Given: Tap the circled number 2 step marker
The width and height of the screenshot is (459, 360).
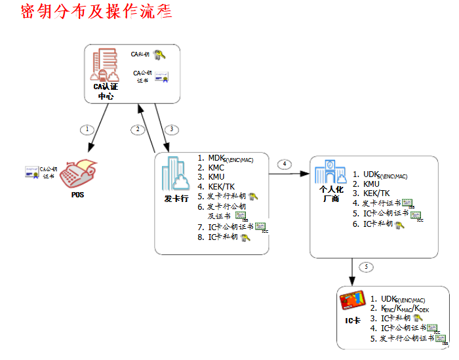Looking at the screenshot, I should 138,129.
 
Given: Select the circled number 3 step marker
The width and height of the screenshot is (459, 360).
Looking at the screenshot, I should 172,129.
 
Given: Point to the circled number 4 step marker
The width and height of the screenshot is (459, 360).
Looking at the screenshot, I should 283,164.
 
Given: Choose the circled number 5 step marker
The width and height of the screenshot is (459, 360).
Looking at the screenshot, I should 366,267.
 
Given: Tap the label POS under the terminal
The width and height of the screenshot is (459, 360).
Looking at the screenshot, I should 77,195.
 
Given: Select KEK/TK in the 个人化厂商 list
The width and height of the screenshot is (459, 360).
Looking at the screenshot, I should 376,193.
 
